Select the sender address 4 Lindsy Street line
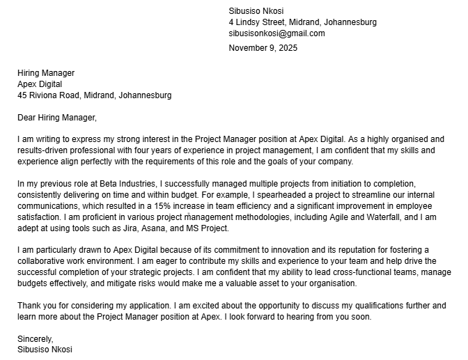click(302, 22)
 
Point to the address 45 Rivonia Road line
click(95, 95)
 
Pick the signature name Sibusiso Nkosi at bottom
click(45, 350)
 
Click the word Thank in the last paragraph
click(30, 306)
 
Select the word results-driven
click(47, 150)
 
